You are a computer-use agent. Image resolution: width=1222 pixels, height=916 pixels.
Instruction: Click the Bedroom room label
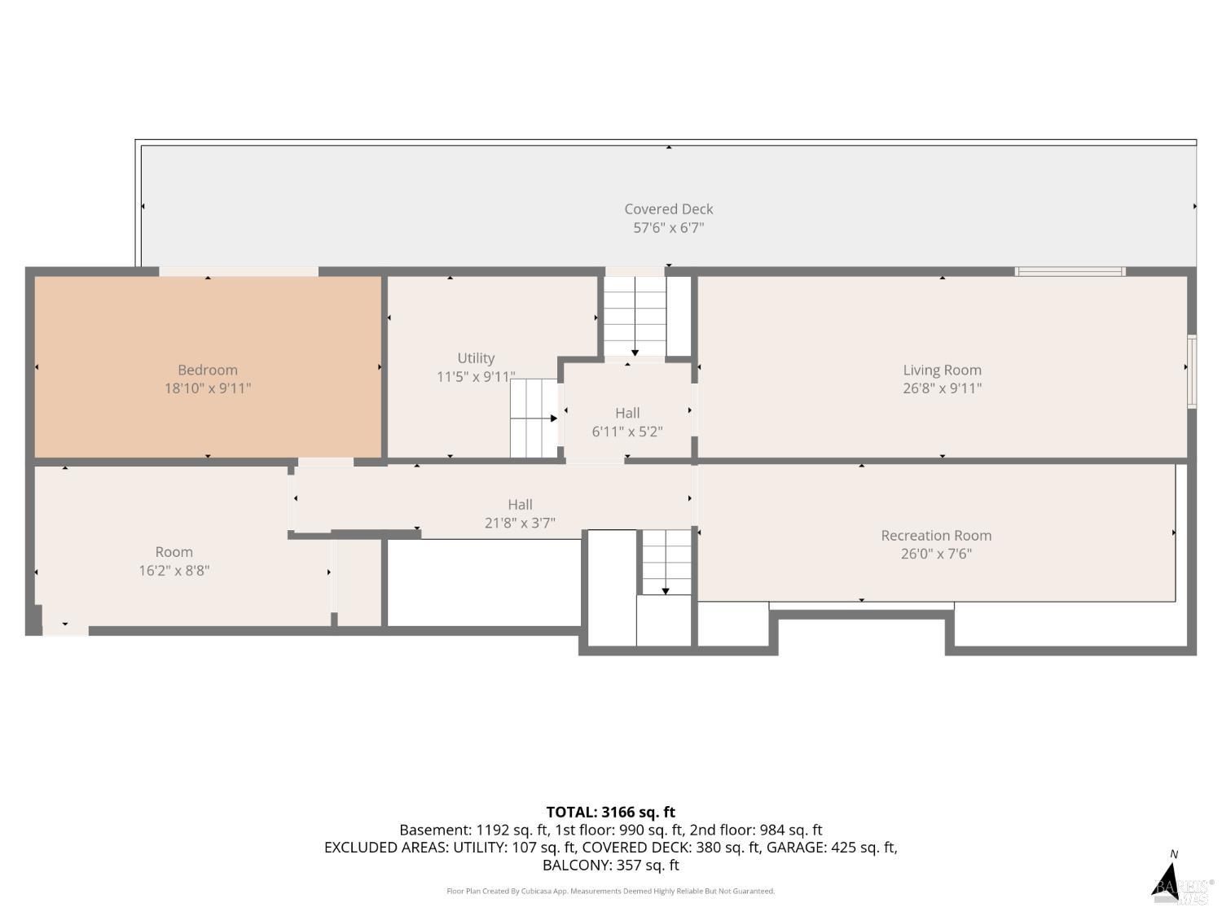pos(208,370)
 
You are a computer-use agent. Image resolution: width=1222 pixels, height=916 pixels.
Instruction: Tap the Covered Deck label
pos(668,209)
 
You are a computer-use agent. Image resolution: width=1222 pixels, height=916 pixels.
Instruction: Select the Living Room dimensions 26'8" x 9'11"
pos(942,388)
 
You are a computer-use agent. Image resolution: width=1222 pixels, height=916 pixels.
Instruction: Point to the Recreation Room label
pos(936,535)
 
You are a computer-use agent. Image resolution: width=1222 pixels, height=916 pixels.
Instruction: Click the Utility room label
pos(476,358)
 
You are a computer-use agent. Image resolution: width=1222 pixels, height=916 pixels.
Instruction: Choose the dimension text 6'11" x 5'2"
pos(626,432)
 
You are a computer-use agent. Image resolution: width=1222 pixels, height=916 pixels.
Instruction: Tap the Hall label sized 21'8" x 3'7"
pos(520,505)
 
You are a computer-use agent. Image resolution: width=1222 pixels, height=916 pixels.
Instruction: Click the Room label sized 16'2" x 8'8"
pos(174,552)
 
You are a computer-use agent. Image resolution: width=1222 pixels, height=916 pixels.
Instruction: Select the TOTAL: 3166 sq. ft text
pos(610,812)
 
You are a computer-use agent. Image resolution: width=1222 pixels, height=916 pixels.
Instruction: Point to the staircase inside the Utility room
pos(534,419)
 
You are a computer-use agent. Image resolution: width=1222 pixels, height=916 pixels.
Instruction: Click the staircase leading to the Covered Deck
pos(635,316)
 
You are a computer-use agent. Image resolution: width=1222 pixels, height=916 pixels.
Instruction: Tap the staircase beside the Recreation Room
pos(666,563)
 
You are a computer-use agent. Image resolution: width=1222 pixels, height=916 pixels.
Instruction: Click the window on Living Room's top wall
pos(1070,271)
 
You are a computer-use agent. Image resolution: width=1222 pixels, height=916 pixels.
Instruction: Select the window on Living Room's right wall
pos(1191,371)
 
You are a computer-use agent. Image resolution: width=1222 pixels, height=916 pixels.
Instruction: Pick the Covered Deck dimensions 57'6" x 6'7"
pos(668,227)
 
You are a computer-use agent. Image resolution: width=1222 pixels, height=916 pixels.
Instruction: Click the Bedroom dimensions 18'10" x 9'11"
pos(208,388)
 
